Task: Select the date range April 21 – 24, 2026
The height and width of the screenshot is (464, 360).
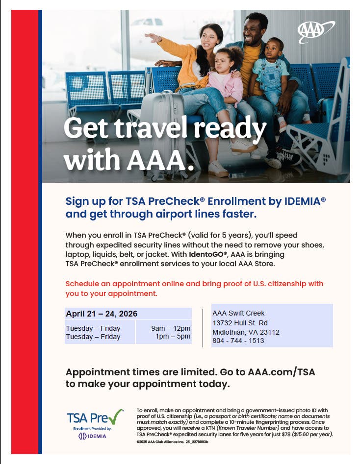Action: [x=102, y=314]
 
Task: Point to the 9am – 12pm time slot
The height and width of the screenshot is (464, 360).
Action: [x=171, y=328]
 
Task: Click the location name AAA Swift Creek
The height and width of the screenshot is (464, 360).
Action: [x=238, y=313]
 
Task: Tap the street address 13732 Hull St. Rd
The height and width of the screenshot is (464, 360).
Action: [x=240, y=323]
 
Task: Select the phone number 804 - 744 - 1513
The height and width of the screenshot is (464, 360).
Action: [x=238, y=341]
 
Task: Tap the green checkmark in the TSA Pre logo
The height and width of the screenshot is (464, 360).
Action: [x=115, y=417]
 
